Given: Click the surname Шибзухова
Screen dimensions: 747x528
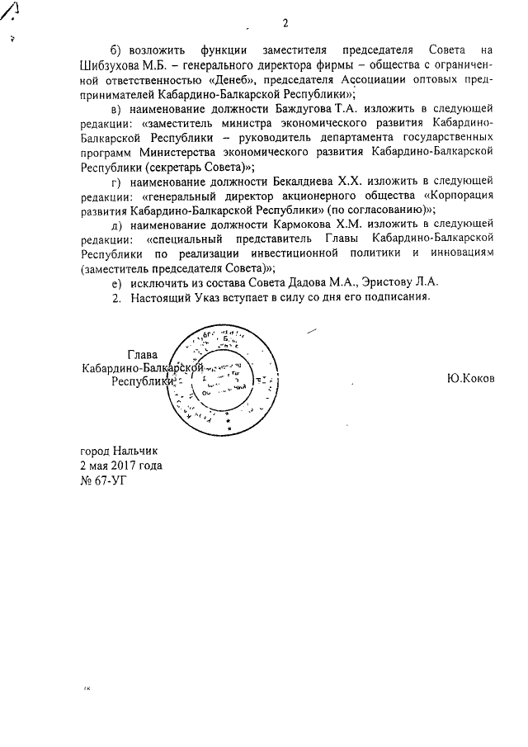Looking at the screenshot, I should pos(115,65).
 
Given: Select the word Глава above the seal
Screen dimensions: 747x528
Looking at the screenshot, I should pos(142,354).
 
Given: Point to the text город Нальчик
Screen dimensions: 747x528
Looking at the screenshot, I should pos(117,451).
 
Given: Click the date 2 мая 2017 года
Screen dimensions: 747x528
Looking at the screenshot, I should pos(120,465).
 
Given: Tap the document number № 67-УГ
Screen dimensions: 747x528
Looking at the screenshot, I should pos(103,480).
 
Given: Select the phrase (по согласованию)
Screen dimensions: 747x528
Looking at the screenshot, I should pos(376,209).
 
